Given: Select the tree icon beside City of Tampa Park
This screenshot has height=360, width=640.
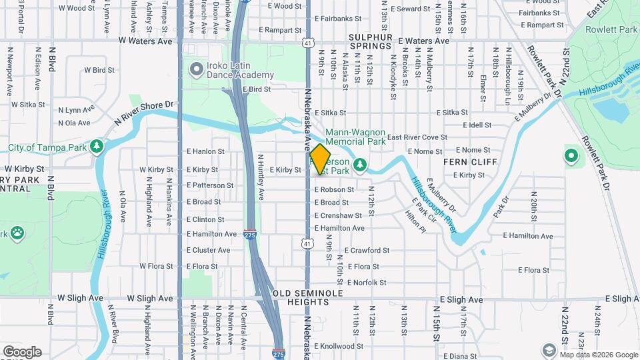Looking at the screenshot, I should coord(97,145).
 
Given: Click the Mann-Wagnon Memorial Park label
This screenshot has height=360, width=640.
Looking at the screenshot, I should coord(355,137).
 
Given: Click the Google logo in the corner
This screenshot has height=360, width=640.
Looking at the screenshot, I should coord(22,351).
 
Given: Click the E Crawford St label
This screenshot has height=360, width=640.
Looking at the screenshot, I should coord(367,251).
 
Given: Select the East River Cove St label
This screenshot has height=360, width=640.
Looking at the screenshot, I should coord(417,137).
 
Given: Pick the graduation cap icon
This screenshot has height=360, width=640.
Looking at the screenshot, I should coord(548,350).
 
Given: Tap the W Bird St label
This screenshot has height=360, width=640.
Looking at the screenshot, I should coord(99,69).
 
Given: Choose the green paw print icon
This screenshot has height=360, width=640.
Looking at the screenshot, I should coord(16,234).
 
